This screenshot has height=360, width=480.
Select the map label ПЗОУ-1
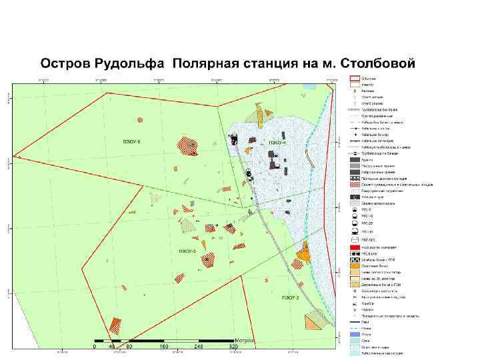pos(277,143)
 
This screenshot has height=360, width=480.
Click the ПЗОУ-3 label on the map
pos(187,251)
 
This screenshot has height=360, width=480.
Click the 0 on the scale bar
pos(95,347)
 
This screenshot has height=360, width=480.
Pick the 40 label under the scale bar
pos(111,347)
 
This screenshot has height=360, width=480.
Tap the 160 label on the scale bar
pos(163,347)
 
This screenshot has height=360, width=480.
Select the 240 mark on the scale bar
pos(197,347)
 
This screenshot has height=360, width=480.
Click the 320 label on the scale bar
pos(233,347)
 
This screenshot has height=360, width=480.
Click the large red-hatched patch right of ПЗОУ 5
pos(187,145)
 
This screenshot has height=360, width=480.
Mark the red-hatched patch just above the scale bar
pos(115,325)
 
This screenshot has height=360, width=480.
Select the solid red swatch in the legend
pos(355,246)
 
